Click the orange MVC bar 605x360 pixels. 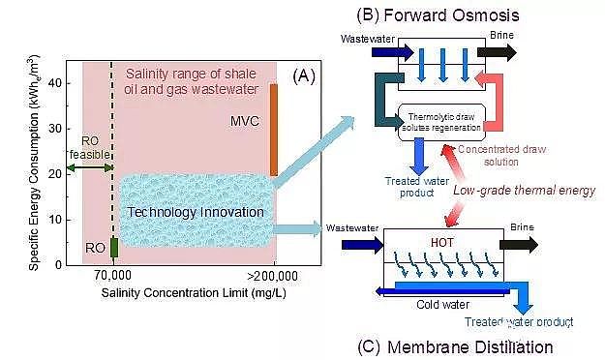pyautogui.click(x=274, y=130)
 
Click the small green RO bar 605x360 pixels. pyautogui.click(x=114, y=248)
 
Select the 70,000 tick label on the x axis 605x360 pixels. pyautogui.click(x=113, y=276)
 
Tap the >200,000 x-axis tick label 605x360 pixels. pyautogui.click(x=275, y=276)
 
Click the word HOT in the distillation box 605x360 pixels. pyautogui.click(x=439, y=245)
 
